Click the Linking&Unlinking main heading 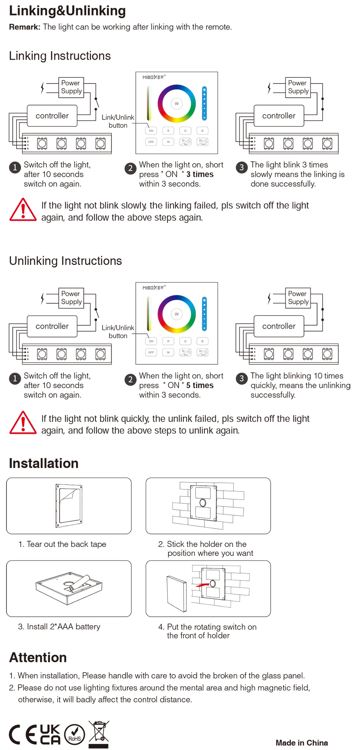[x=67, y=11]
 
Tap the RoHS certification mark [x=75, y=735]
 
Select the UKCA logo [x=50, y=735]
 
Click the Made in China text [x=302, y=743]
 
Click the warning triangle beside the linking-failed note [x=23, y=210]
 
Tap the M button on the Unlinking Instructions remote [x=168, y=352]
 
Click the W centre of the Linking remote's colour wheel [x=177, y=104]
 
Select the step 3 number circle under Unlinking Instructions [x=242, y=378]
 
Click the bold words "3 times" [x=200, y=174]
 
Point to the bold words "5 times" [x=200, y=385]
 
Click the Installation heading [x=44, y=463]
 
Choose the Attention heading [x=38, y=657]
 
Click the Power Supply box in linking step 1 [x=71, y=87]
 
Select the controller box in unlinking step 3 [x=279, y=326]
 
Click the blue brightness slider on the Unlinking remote [x=204, y=314]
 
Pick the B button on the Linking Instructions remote [x=202, y=131]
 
